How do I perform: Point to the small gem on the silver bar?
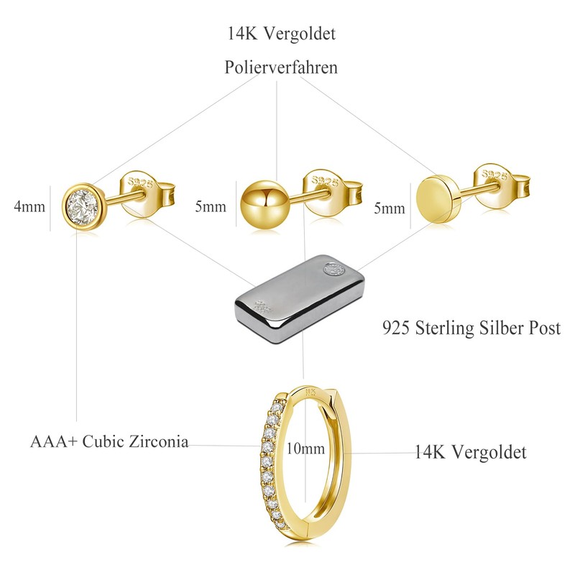pyautogui.click(x=333, y=270)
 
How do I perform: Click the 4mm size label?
pyautogui.click(x=29, y=207)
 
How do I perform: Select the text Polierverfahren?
pyautogui.click(x=281, y=68)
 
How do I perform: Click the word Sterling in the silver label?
pyautogui.click(x=451, y=328)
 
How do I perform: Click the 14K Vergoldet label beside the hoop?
pyautogui.click(x=471, y=452)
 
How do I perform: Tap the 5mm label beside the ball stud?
pyautogui.click(x=211, y=207)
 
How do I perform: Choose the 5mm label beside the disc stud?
pyautogui.click(x=389, y=208)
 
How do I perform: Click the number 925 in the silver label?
pyautogui.click(x=397, y=328)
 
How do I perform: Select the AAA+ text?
pyautogui.click(x=54, y=441)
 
